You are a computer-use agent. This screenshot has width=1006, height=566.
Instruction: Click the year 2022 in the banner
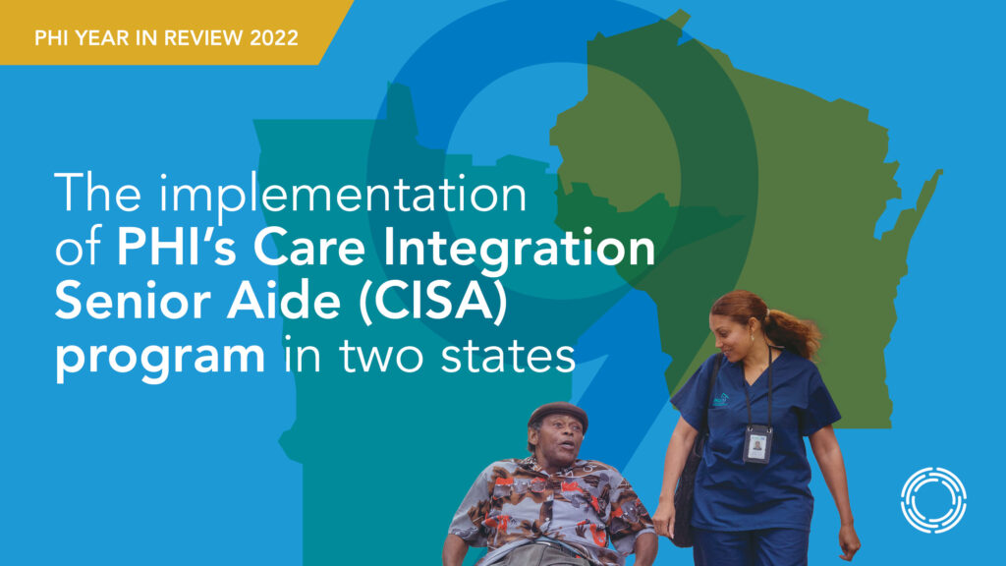(x=274, y=38)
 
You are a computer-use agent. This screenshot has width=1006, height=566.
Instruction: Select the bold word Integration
(x=519, y=249)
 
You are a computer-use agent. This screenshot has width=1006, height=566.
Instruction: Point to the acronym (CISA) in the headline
(x=432, y=302)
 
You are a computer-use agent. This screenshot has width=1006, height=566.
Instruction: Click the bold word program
(x=160, y=359)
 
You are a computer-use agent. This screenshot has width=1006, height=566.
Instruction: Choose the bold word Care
(x=309, y=248)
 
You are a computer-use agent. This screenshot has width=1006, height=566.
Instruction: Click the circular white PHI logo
(x=933, y=500)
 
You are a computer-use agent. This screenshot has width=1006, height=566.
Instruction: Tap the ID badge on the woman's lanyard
(x=757, y=443)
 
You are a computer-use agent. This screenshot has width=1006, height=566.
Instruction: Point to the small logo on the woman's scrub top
(x=721, y=401)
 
